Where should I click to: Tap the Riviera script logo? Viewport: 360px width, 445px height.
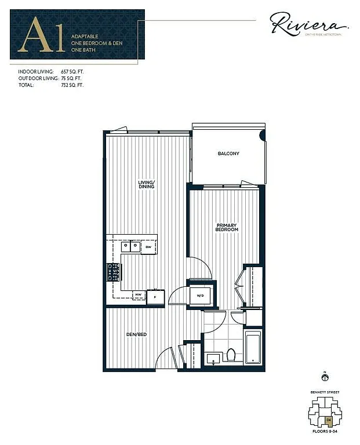308,25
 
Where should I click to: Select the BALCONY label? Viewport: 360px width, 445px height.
228,154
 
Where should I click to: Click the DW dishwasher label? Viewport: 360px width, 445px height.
148,247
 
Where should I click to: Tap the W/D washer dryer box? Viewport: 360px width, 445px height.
201,295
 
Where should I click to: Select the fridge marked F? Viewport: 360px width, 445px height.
155,297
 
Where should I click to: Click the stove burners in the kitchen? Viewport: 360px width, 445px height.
113,272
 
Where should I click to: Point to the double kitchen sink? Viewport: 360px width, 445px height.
130,246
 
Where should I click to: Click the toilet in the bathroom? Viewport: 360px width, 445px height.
231,354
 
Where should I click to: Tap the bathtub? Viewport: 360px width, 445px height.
253,346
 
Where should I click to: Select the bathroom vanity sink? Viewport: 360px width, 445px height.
213,356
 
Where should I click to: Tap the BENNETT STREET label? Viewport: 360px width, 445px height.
325,392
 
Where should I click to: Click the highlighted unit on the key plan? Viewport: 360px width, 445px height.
329,420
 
